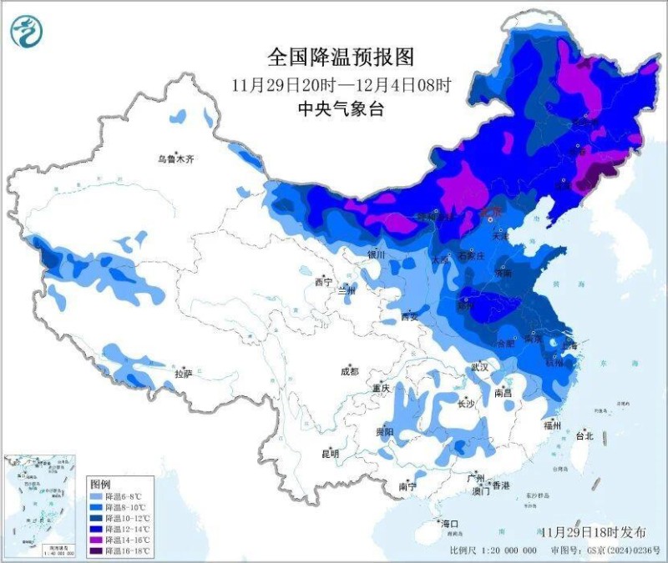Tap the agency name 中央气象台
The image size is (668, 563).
coord(341,109)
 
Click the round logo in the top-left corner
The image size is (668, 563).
coord(27,32)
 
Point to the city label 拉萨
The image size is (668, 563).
coord(184,373)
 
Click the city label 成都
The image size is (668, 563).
coord(349,371)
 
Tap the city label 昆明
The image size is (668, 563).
coord(331,454)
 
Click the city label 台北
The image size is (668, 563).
coord(584,435)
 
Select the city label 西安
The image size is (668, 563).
coord(409,316)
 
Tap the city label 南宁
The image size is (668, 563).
coord(407,485)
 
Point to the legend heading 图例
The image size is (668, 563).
coord(100,485)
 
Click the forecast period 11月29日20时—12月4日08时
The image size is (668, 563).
coord(341,84)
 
